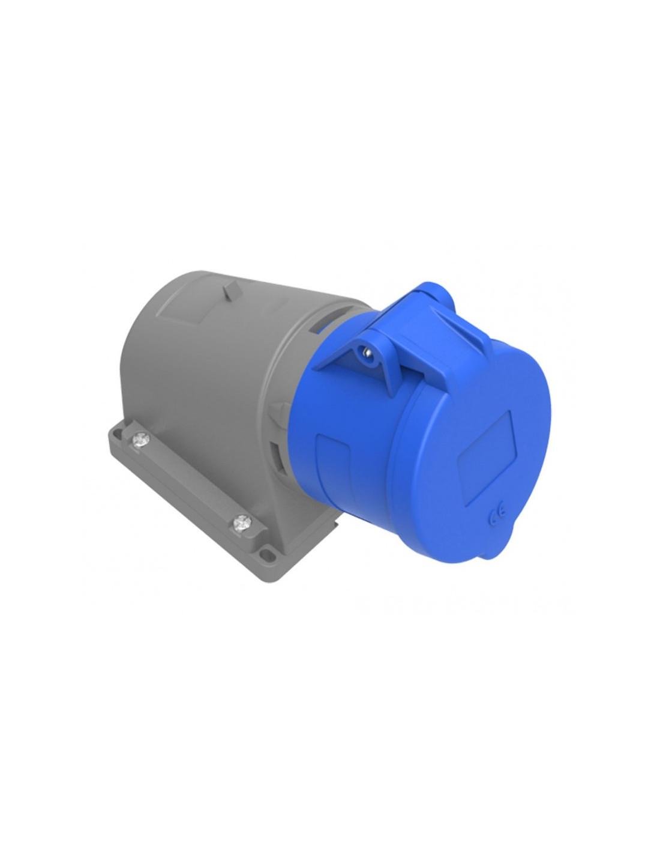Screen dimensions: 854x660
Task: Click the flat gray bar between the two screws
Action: (x=189, y=480)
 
